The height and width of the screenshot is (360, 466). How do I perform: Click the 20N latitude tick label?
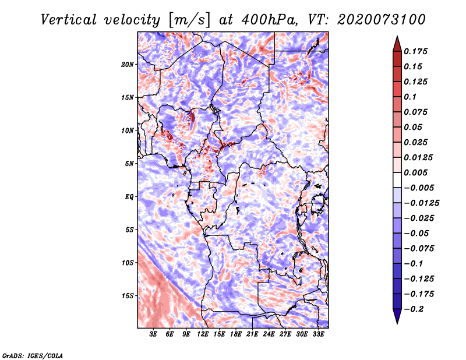click(x=128, y=64)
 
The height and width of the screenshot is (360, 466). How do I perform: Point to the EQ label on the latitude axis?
click(x=129, y=197)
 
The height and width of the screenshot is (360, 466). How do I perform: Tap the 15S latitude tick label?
click(x=128, y=296)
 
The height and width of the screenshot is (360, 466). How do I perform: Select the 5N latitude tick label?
click(x=129, y=164)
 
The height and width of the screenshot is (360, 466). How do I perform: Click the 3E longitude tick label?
click(x=154, y=335)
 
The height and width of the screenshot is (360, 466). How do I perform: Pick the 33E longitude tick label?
click(x=318, y=335)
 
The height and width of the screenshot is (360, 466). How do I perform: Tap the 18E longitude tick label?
click(x=236, y=335)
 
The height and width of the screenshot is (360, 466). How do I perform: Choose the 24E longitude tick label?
click(x=269, y=335)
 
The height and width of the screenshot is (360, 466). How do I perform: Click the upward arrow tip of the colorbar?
click(x=397, y=38)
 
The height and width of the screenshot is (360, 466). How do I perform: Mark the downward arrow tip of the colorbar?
click(x=397, y=322)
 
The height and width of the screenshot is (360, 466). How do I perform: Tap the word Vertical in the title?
click(x=68, y=19)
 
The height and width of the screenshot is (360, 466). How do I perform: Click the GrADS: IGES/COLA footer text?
click(x=33, y=355)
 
